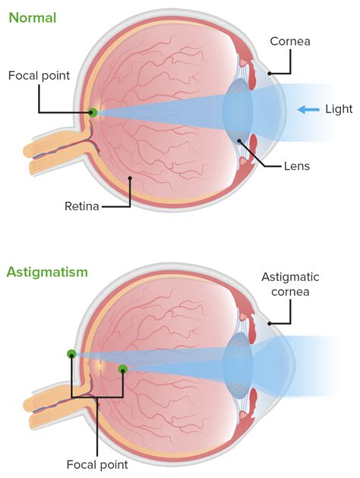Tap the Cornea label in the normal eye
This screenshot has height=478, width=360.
[x=290, y=41]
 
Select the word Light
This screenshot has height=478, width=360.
[x=338, y=109]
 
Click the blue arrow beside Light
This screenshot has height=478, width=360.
[x=308, y=110]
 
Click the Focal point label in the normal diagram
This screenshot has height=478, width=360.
[x=39, y=76]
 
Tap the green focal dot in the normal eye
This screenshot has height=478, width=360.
[x=93, y=112]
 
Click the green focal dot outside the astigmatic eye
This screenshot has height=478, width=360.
[x=71, y=354]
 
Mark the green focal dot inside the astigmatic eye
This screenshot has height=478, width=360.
[x=123, y=370]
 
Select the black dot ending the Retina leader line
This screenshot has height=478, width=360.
[x=130, y=178]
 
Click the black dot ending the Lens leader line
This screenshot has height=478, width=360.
[x=239, y=140]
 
